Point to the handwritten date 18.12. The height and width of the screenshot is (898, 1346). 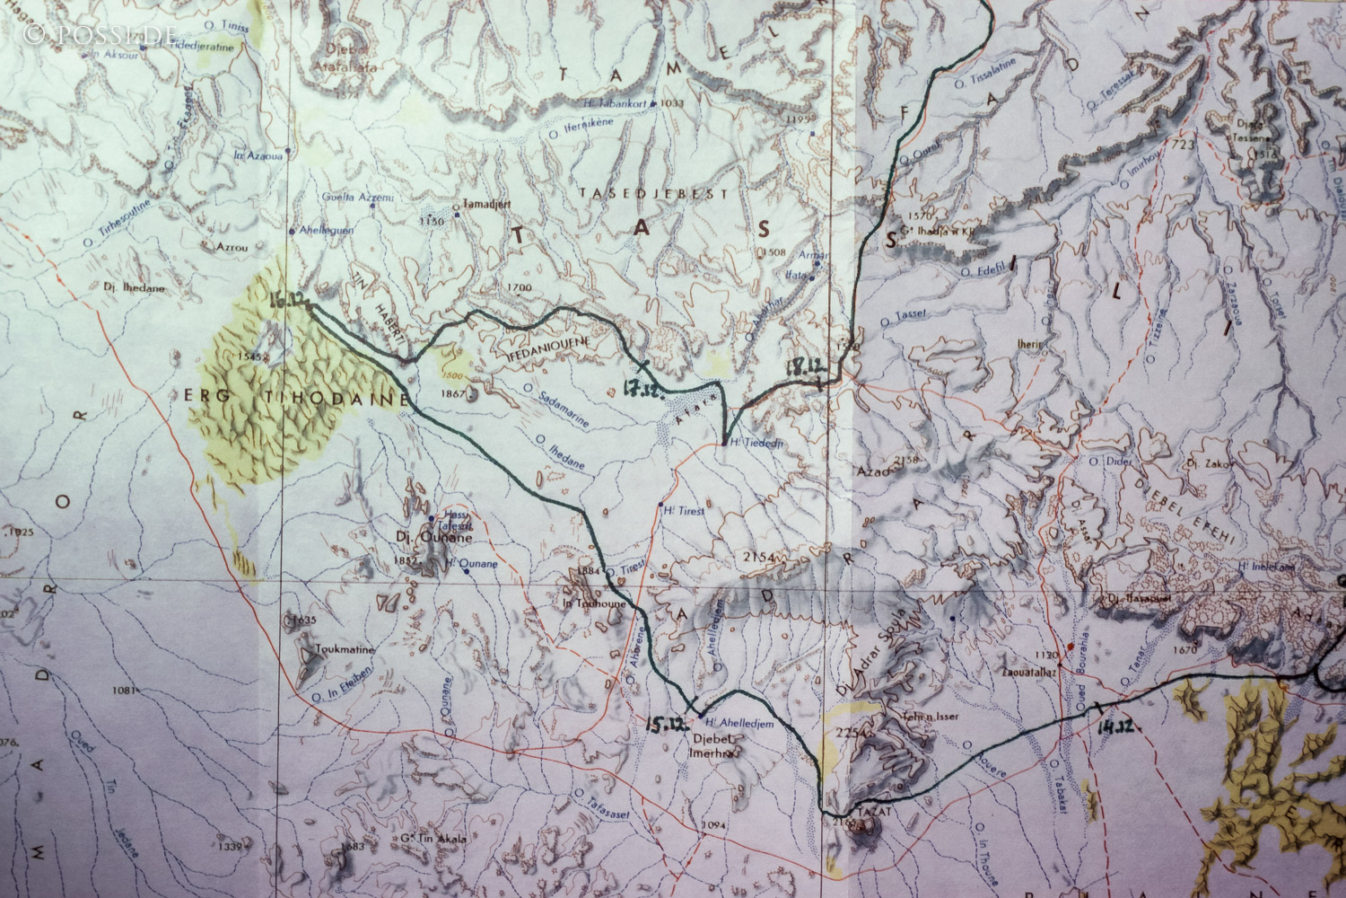(x=806, y=365)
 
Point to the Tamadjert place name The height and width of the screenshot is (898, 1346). (x=485, y=206)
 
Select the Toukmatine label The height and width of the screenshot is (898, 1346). (x=344, y=649)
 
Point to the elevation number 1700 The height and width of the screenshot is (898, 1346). (x=520, y=287)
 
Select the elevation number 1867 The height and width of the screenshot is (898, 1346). (x=455, y=392)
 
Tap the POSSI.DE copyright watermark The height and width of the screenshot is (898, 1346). (x=100, y=34)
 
